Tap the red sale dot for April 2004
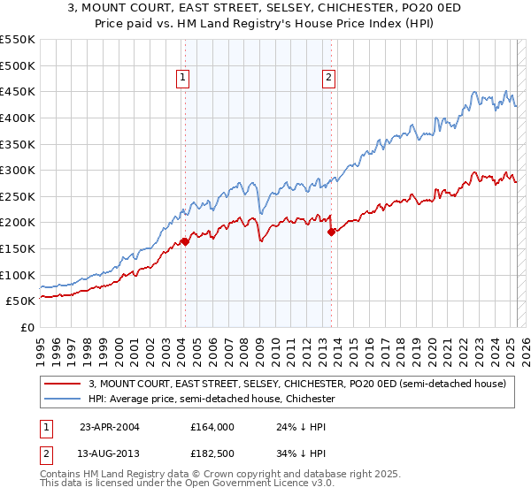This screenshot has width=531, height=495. [185, 240]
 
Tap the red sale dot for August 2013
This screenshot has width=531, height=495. [331, 232]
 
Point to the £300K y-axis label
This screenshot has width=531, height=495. [18, 170]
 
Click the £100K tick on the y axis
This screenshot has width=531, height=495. [18, 275]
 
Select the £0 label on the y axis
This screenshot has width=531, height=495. [27, 327]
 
